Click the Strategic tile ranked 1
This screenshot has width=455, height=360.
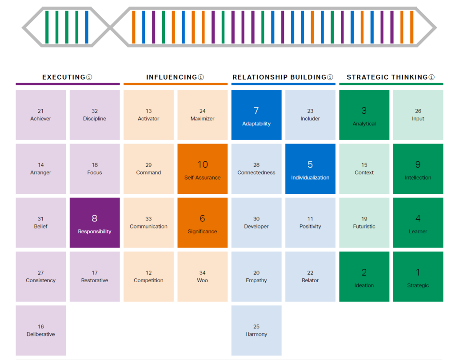click(418, 276)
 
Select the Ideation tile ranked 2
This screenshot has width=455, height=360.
click(364, 276)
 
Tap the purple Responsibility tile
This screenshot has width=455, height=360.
click(95, 223)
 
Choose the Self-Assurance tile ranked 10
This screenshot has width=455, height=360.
click(203, 169)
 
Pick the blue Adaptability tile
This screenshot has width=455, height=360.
click(256, 115)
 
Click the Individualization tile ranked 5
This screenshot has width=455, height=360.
click(310, 169)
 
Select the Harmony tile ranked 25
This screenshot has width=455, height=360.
click(256, 330)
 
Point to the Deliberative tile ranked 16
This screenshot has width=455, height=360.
click(40, 330)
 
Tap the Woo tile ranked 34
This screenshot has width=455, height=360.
click(203, 276)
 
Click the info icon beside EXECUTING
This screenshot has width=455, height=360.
click(89, 77)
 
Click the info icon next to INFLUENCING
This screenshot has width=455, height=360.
click(201, 77)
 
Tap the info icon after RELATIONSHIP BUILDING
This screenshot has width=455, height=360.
click(330, 77)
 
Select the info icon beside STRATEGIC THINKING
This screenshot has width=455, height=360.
click(431, 77)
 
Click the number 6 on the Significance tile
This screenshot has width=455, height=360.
click(203, 218)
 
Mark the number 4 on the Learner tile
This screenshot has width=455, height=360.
click(418, 218)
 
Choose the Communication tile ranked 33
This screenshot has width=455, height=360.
click(148, 223)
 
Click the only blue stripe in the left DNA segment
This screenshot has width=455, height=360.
click(87, 27)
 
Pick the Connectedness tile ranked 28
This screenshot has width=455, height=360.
click(256, 169)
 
